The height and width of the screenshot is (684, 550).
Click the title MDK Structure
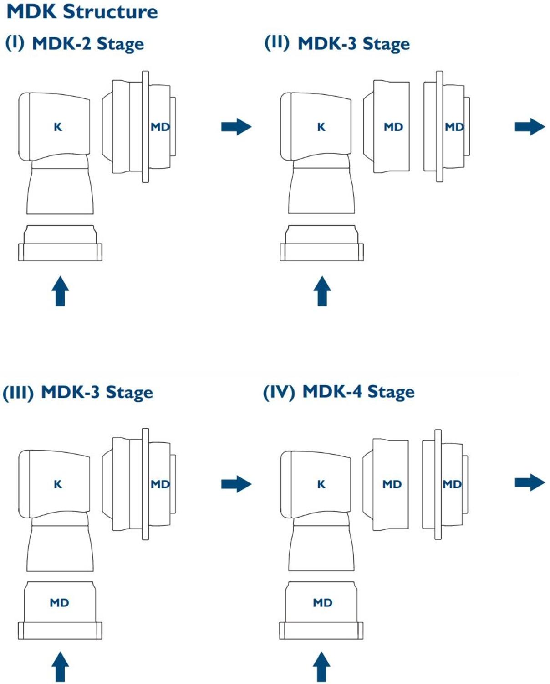pos(82,11)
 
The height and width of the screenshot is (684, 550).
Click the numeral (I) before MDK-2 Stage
pos(15,43)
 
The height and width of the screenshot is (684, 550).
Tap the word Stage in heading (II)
pos(386,44)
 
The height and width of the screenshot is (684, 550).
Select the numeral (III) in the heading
pos(18,393)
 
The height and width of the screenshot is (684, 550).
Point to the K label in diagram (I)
pos(58,127)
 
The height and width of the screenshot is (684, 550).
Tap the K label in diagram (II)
pos(321,127)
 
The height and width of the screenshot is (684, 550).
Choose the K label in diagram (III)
pos(58,484)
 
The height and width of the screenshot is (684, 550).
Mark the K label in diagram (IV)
pos(321,484)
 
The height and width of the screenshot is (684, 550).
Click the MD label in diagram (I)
pos(160,127)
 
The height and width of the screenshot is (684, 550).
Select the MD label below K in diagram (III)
pos(59,603)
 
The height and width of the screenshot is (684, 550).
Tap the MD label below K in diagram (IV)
pos(322,603)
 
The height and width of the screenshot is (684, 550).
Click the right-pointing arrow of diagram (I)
pos(236,127)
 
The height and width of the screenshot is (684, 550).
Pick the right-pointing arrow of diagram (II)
pos(530,127)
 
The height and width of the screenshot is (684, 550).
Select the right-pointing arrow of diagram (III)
pos(236,484)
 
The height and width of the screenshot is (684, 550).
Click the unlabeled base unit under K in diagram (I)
pos(60,244)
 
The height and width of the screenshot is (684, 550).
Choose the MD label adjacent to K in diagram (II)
pos(393,127)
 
